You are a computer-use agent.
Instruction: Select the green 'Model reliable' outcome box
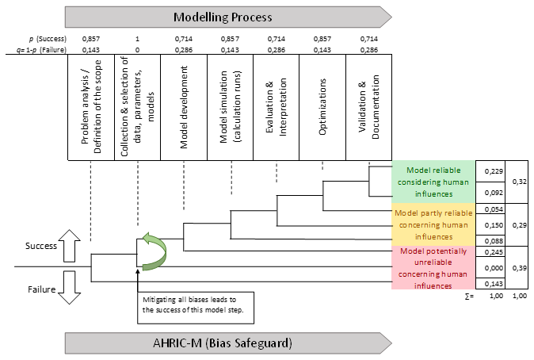(433, 182)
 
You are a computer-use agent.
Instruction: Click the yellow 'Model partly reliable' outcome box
(433, 224)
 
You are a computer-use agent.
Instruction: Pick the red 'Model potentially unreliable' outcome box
(433, 268)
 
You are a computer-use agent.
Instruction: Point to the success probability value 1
(137, 38)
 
